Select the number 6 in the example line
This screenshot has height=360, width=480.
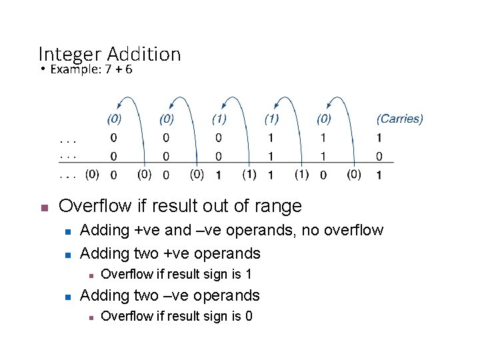pyautogui.click(x=128, y=69)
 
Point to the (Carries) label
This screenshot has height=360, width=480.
pyautogui.click(x=399, y=119)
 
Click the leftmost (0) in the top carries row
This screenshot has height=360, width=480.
pyautogui.click(x=114, y=119)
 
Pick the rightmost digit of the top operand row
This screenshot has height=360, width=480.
pyautogui.click(x=379, y=139)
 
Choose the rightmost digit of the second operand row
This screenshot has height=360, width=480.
pyautogui.click(x=379, y=157)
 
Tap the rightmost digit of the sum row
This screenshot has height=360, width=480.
pyautogui.click(x=379, y=175)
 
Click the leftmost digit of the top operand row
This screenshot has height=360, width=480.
pyautogui.click(x=113, y=139)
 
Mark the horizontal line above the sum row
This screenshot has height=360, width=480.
pyautogui.click(x=227, y=164)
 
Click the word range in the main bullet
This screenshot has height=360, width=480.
pyautogui.click(x=279, y=207)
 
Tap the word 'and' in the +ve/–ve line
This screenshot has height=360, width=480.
pyautogui.click(x=170, y=231)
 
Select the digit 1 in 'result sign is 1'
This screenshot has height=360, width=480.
pyautogui.click(x=248, y=274)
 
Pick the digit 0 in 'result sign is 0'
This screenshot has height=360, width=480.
pyautogui.click(x=249, y=316)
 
